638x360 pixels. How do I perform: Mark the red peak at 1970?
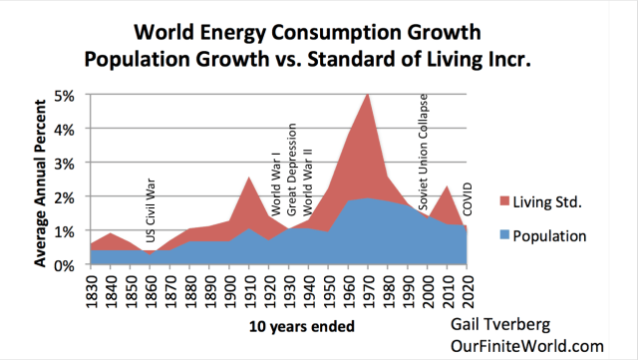coord(369,94)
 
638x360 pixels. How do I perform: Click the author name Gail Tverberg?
coord(499,327)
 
